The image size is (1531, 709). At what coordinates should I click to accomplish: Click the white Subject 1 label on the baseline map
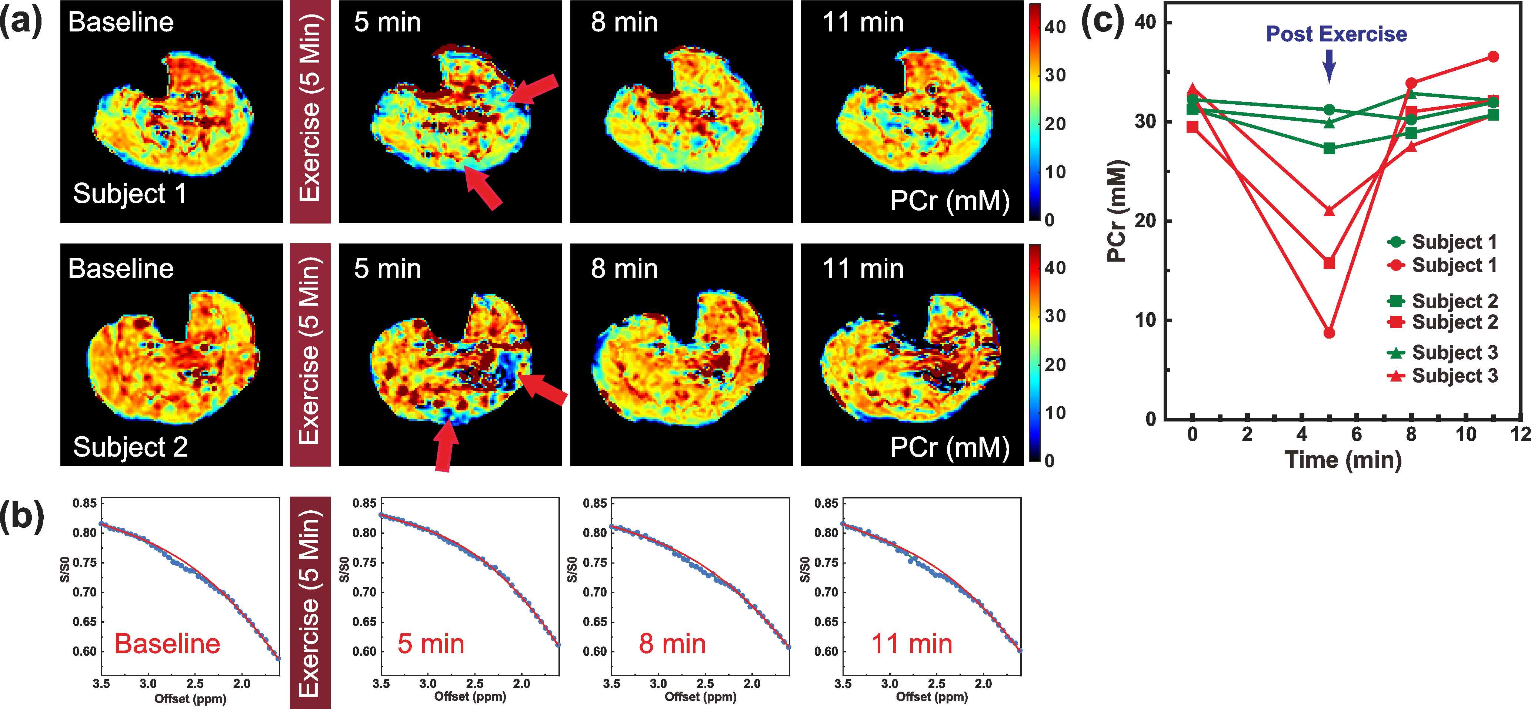tap(130, 194)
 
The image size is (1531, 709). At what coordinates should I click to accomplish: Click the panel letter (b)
tap(22, 515)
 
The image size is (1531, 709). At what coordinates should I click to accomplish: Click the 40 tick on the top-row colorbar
tap(1055, 27)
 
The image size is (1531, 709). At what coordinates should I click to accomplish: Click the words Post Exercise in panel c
tap(1336, 34)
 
